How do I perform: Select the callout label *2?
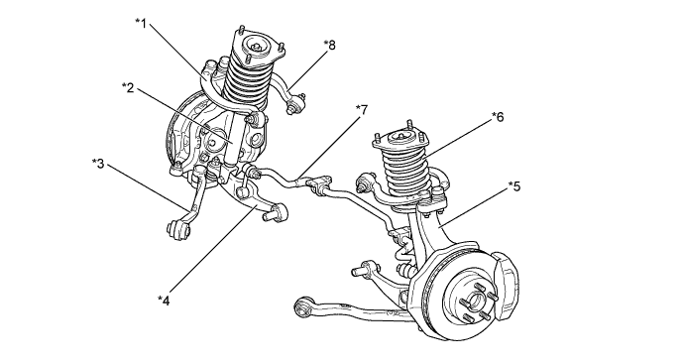(128, 88)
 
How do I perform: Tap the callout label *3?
(98, 164)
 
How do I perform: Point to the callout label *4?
(164, 300)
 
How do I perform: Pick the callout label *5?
(514, 186)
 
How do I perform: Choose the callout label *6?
(498, 116)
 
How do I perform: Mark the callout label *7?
(362, 110)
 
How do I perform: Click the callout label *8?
(330, 45)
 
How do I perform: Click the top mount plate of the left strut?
(257, 46)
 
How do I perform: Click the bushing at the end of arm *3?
(178, 229)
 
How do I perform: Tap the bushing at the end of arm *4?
(277, 212)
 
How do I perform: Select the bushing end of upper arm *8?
(296, 103)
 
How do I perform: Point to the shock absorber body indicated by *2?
(235, 139)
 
